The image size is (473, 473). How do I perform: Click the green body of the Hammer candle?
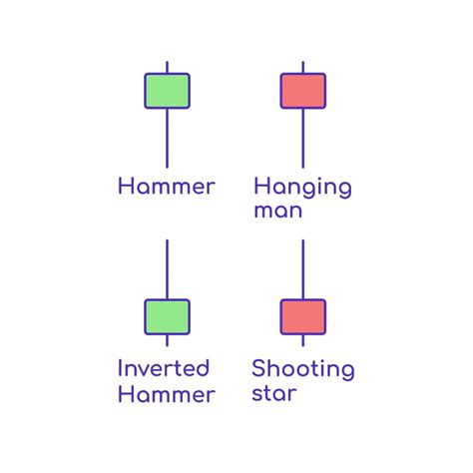click(167, 91)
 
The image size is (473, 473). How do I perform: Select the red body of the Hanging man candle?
click(303, 91)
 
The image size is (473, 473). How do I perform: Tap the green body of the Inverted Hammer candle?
click(167, 317)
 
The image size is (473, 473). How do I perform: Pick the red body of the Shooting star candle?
click(303, 317)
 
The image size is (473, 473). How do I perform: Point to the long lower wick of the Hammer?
click(167, 139)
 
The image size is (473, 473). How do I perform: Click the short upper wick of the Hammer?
click(167, 67)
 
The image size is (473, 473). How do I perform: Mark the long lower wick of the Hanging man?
click(303, 139)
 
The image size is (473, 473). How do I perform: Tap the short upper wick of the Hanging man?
click(303, 67)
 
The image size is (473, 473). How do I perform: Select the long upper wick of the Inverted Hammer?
click(167, 269)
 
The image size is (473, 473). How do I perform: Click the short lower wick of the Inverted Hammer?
click(167, 340)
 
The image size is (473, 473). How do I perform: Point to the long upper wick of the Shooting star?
click(303, 269)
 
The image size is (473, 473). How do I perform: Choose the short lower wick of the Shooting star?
click(303, 340)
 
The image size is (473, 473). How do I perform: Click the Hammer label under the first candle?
click(167, 186)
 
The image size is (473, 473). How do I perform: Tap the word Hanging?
click(302, 189)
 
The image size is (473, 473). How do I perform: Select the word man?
click(278, 212)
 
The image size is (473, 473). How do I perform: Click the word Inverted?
click(164, 368)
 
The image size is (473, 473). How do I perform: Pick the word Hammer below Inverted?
click(167, 394)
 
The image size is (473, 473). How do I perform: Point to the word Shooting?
click(303, 370)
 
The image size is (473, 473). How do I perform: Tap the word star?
click(274, 394)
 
